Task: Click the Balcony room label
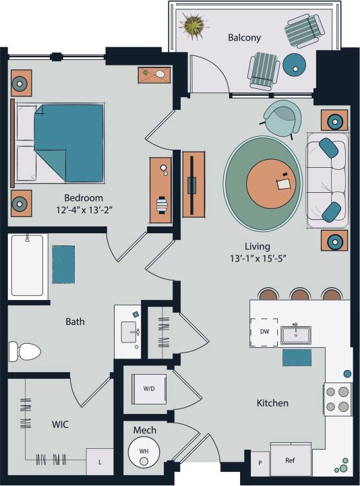244,38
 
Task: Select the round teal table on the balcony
295,65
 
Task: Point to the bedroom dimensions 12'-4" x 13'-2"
84,210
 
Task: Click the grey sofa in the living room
327,179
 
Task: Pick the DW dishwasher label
264,331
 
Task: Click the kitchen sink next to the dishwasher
296,333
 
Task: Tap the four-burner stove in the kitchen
338,399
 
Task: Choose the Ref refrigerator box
291,461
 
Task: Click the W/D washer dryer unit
148,389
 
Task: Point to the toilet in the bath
24,351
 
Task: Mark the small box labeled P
260,464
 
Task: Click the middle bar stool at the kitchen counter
300,294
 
